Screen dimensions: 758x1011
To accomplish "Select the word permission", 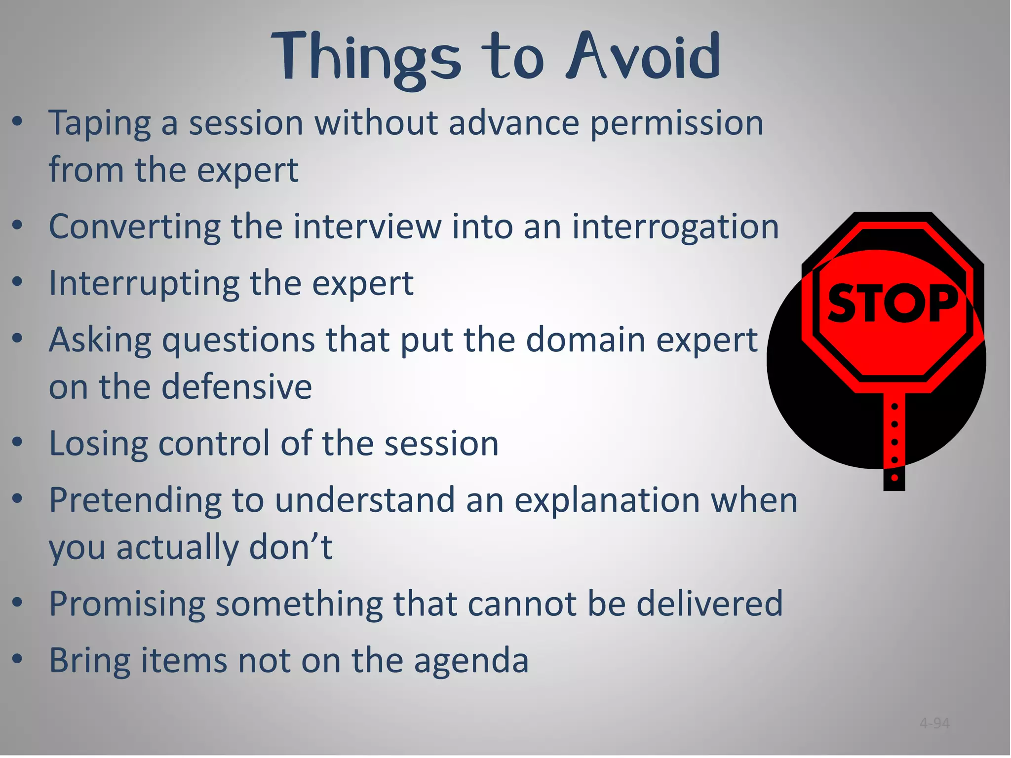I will pyautogui.click(x=677, y=123).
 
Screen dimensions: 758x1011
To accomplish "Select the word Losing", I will pyautogui.click(x=98, y=444).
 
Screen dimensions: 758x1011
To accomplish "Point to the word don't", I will pyautogui.click(x=291, y=547).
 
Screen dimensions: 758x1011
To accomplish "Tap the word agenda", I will pyautogui.click(x=471, y=661).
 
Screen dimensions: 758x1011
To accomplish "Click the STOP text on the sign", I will pyautogui.click(x=892, y=303).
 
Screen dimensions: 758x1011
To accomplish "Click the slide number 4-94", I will pyautogui.click(x=934, y=723).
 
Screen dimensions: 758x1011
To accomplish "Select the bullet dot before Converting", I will pyautogui.click(x=18, y=226).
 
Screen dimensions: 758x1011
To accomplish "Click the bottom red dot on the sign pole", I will pyautogui.click(x=894, y=477).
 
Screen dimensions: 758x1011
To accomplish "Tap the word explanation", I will pyautogui.click(x=607, y=500).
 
